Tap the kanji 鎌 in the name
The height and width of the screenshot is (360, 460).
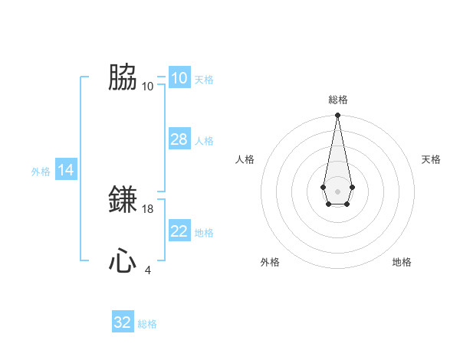click(123, 200)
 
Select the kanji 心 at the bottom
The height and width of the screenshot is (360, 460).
click(123, 261)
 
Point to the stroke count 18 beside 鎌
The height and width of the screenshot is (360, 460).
click(149, 208)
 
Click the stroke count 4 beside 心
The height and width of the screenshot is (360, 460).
click(148, 270)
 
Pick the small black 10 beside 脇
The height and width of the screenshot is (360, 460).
click(148, 86)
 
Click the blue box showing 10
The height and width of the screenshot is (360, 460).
click(179, 78)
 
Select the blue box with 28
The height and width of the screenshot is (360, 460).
click(179, 139)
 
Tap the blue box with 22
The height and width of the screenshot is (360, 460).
click(179, 231)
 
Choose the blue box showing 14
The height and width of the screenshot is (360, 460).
click(66, 171)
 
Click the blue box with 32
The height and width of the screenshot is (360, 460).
click(123, 322)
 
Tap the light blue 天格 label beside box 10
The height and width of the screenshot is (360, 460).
click(204, 80)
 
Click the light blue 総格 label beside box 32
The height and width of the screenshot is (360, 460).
click(147, 324)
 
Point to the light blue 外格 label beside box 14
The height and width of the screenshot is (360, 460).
click(41, 172)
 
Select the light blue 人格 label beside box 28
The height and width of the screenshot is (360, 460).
click(204, 141)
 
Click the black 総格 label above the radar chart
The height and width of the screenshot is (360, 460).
click(337, 100)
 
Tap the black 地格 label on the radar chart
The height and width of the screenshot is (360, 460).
click(402, 262)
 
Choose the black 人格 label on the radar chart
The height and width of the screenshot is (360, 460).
click(245, 159)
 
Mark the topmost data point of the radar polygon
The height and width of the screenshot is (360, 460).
click(337, 115)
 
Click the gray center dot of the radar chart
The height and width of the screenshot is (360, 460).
click(337, 190)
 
